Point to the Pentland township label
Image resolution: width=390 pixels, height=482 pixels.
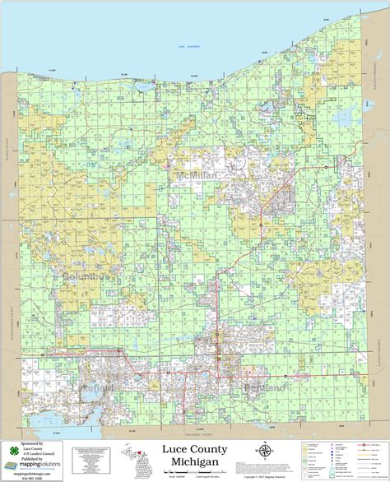265,387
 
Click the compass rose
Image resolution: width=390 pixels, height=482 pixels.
264,451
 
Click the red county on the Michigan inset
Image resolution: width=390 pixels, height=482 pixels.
138,450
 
